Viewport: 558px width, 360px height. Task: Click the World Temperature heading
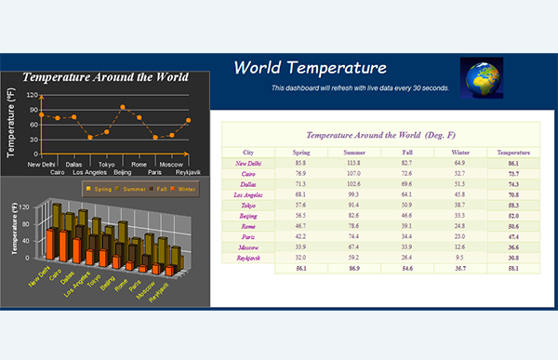310,68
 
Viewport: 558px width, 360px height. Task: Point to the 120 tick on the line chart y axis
33,95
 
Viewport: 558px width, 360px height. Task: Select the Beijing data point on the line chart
123,107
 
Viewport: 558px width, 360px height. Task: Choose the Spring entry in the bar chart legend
99,189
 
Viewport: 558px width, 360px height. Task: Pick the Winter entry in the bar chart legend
183,189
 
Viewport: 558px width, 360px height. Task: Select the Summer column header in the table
354,152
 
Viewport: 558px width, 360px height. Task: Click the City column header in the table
248,152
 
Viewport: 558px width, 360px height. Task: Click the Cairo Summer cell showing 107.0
354,173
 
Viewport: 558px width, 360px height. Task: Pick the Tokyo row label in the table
248,205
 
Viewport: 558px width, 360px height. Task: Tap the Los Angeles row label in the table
248,194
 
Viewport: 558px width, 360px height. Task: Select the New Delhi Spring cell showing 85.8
300,163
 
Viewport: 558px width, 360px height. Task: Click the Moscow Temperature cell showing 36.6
514,247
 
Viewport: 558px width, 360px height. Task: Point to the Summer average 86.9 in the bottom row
354,268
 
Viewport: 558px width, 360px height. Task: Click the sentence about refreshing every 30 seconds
360,88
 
